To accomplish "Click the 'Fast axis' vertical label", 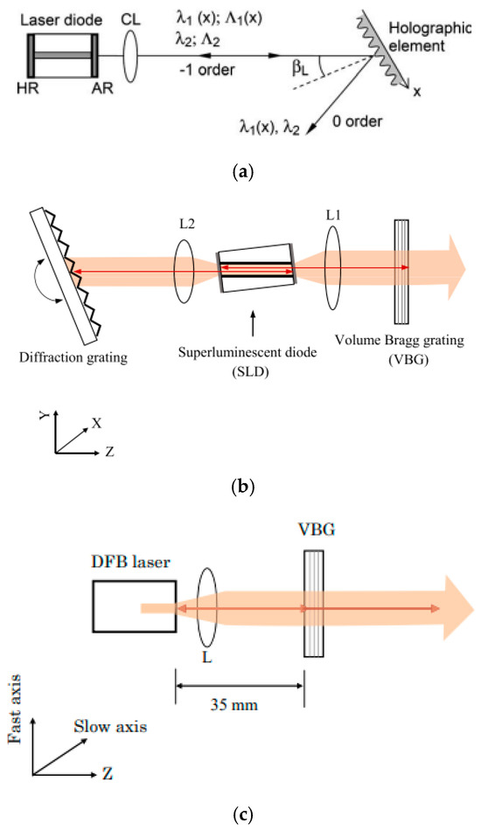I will point(15,730).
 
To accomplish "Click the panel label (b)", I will point(240,488).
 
